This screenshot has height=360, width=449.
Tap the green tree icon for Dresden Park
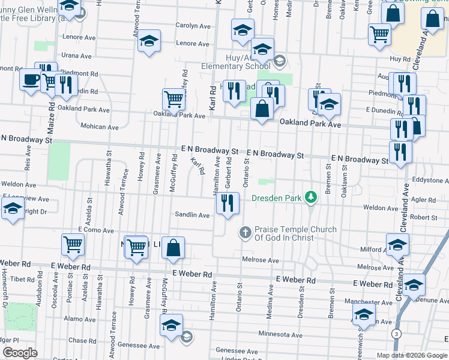coord(310,197)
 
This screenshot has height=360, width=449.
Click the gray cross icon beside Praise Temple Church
coord(245,232)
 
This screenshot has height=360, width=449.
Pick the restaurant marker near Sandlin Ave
coord(228,203)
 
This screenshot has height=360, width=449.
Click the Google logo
coord(20,353)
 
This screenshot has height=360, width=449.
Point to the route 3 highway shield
coord(396,333)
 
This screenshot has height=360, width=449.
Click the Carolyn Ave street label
coord(193,26)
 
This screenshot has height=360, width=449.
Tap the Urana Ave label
coord(77,56)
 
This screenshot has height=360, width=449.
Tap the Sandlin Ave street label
coord(192,214)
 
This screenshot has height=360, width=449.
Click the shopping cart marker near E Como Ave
coord(73,244)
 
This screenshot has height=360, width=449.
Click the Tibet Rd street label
coord(22,279)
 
